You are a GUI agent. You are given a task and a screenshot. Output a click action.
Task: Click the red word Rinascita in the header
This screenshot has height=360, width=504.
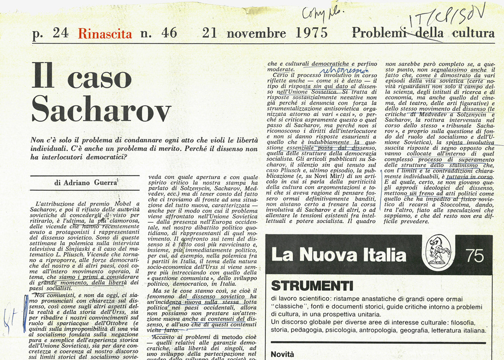coord(105,34)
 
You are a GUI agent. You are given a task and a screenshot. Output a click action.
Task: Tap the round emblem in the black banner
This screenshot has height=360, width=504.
coord(438,252)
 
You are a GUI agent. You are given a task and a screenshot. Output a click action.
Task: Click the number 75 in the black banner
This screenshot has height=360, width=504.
coord(475,255)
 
